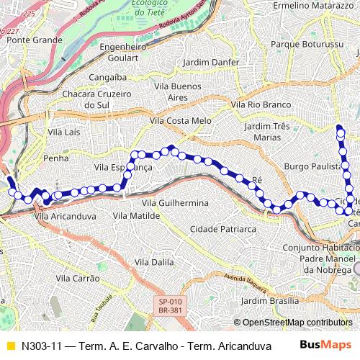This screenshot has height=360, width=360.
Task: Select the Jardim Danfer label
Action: click(211, 63)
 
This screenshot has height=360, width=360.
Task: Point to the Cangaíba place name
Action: click(107, 76)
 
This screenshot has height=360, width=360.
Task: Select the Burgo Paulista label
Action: click(311, 166)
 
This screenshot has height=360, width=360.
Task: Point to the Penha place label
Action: click(56, 158)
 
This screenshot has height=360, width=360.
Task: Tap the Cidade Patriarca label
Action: click(222, 229)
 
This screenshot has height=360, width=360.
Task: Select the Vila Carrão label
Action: click(77, 277)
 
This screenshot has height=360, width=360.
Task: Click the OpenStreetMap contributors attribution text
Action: click(296, 322)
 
